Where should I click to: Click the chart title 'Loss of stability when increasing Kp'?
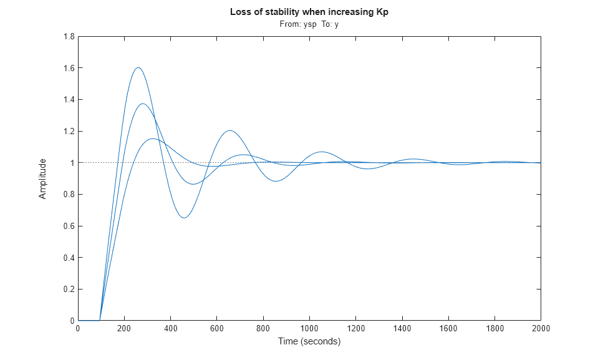click(x=309, y=12)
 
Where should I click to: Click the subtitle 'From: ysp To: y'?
click(x=309, y=24)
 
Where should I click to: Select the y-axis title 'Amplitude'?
click(x=42, y=178)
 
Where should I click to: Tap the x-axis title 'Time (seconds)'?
click(x=309, y=341)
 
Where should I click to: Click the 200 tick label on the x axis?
click(x=124, y=329)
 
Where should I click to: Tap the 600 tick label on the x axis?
click(x=216, y=329)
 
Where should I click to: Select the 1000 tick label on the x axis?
click(x=309, y=329)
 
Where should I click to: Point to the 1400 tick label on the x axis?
click(x=402, y=329)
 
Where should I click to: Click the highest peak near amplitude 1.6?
click(x=138, y=67)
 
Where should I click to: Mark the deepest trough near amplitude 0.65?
click(x=184, y=218)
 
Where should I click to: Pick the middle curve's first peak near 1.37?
click(x=143, y=104)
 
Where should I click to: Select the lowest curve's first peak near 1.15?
click(x=152, y=139)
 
